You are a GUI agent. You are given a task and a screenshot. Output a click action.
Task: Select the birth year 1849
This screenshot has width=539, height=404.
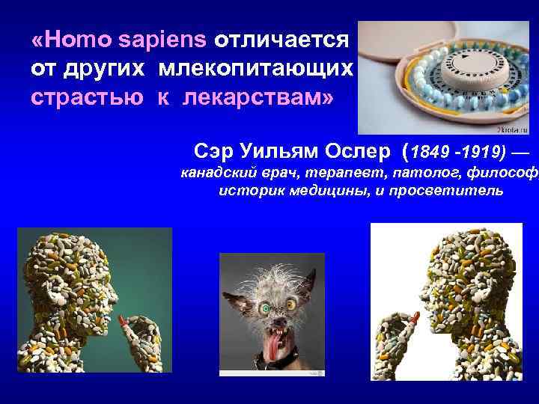[432, 153]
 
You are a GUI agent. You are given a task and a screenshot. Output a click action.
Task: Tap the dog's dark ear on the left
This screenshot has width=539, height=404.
[237, 284]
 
